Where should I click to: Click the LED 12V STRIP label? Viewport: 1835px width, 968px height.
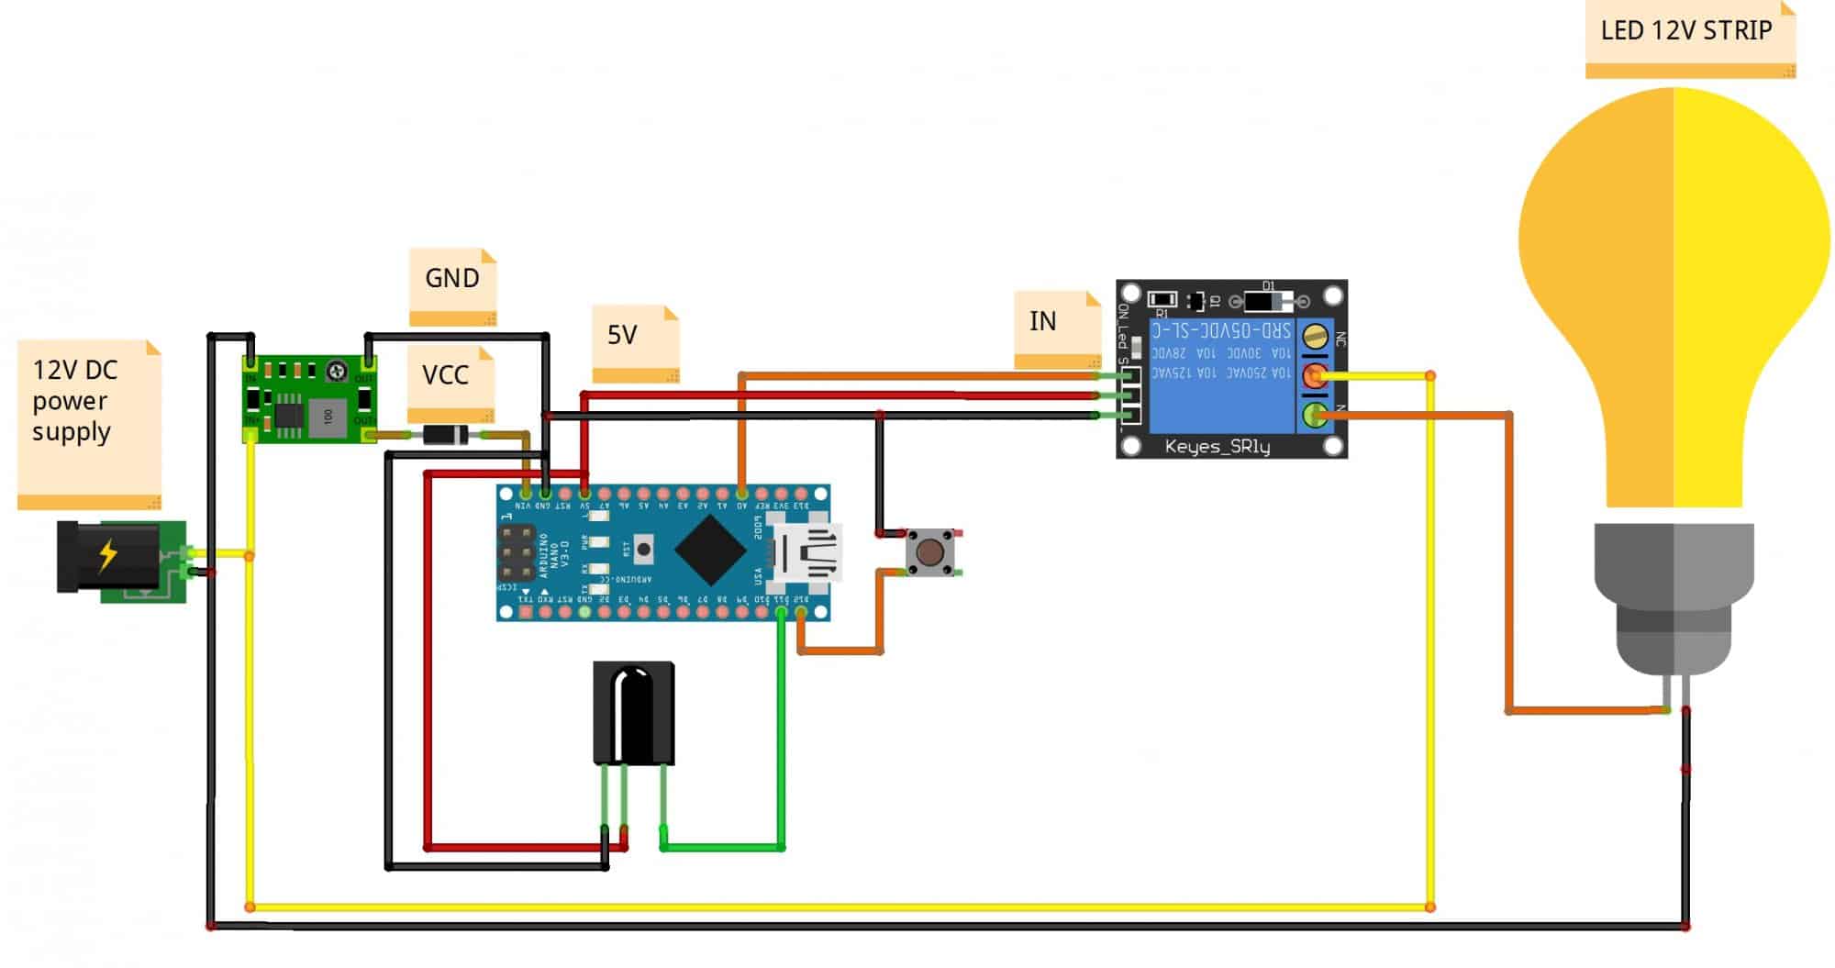pyautogui.click(x=1686, y=31)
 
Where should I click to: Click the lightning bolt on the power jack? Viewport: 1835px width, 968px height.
pyautogui.click(x=108, y=555)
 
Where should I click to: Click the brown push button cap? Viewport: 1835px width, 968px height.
pyautogui.click(x=929, y=552)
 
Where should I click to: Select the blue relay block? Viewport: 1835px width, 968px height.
pyautogui.click(x=1221, y=376)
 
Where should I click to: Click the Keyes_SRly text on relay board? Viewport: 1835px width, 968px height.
pyautogui.click(x=1217, y=447)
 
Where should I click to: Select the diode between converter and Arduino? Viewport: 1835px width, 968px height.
pyautogui.click(x=445, y=435)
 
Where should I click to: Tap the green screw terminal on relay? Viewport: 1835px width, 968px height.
pyautogui.click(x=1315, y=416)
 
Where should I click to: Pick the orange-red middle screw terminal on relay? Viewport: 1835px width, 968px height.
pyautogui.click(x=1315, y=375)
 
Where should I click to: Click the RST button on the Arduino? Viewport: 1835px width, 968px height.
pyautogui.click(x=644, y=550)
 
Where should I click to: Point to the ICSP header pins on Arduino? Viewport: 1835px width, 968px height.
pyautogui.click(x=517, y=553)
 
